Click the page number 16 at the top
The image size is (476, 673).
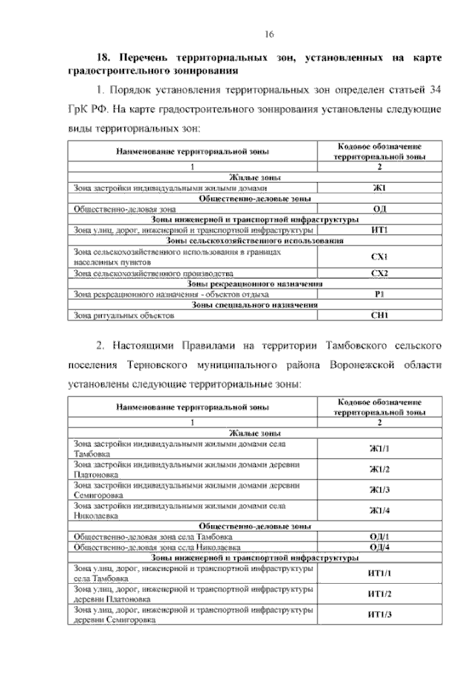click(x=270, y=34)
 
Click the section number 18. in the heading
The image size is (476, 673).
click(x=104, y=57)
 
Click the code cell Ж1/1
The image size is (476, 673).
click(x=379, y=448)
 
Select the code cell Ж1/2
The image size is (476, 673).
click(x=379, y=469)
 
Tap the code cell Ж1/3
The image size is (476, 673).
click(x=379, y=489)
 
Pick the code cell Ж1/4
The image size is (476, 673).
click(x=379, y=510)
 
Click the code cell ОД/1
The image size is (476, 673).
click(x=379, y=536)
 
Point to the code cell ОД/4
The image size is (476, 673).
click(x=379, y=547)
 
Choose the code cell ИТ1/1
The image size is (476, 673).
click(x=379, y=573)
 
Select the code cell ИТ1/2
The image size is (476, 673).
click(x=379, y=593)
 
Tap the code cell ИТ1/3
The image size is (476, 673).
click(x=379, y=614)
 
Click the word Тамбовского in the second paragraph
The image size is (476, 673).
click(x=354, y=347)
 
